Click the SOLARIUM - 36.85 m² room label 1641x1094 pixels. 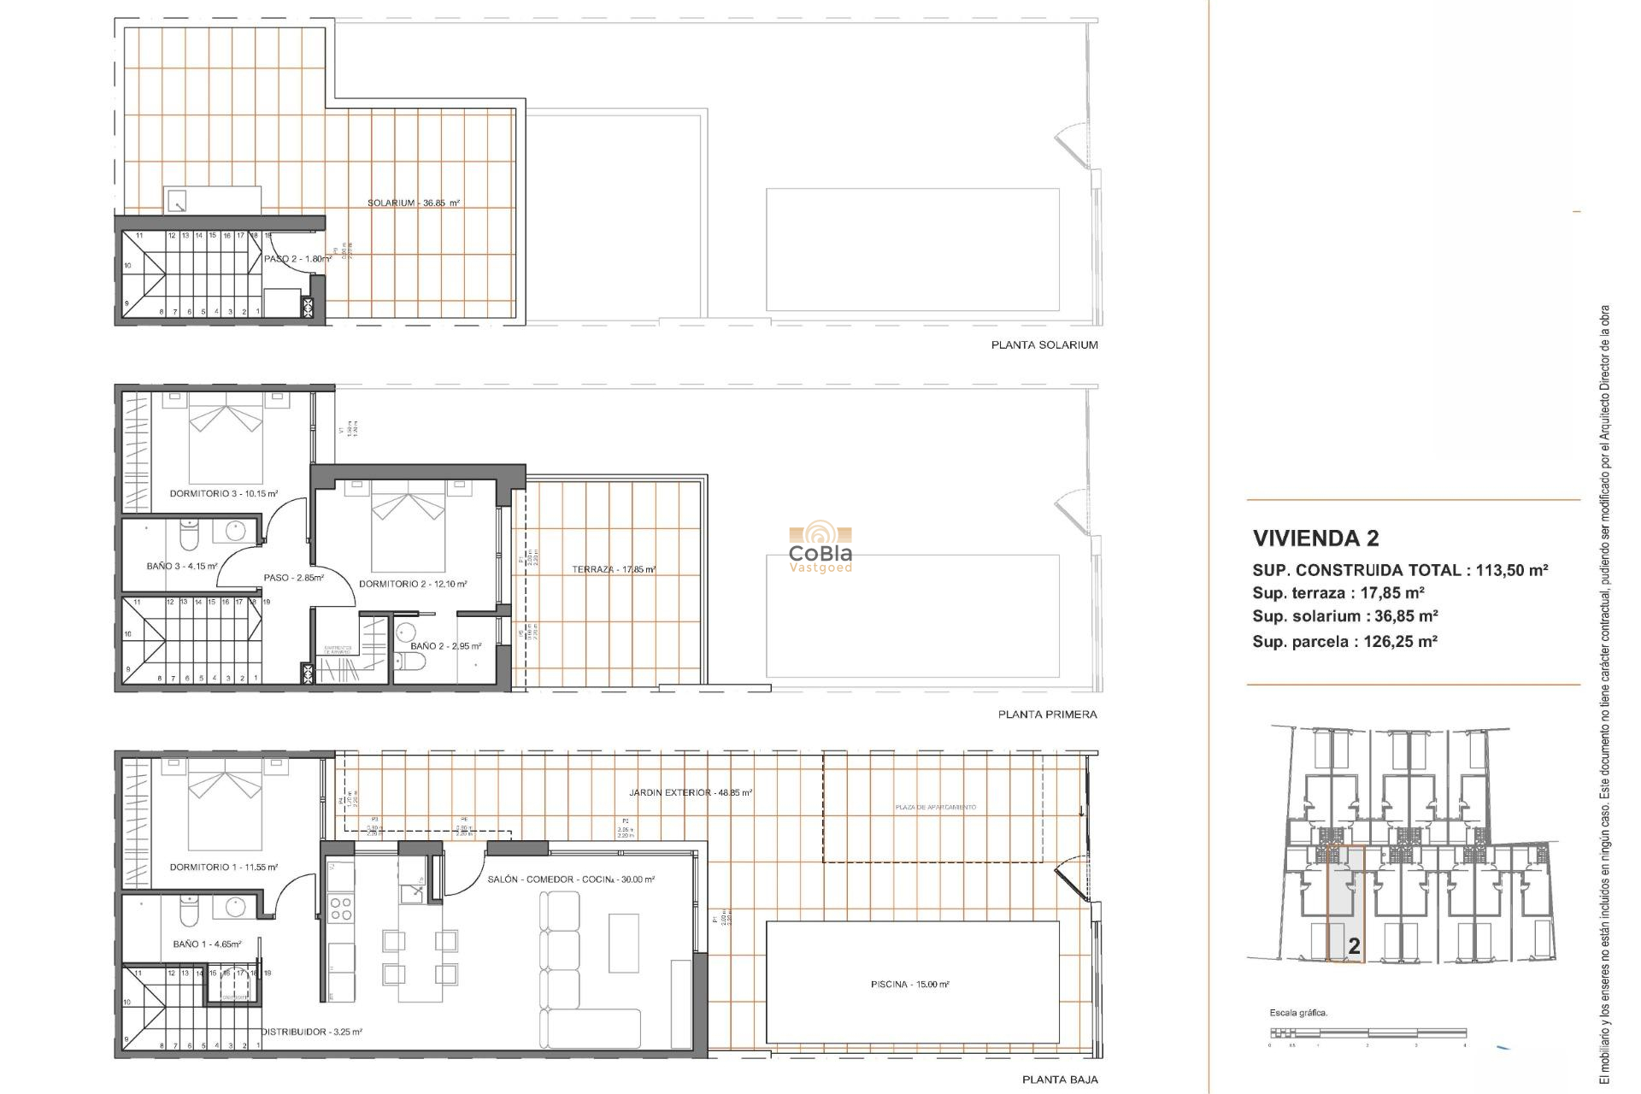tap(414, 203)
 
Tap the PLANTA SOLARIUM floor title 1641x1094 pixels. tap(1044, 345)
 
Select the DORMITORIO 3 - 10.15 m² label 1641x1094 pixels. tap(224, 494)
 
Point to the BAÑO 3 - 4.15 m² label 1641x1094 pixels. tap(182, 566)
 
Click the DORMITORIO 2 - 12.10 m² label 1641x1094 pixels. tap(413, 585)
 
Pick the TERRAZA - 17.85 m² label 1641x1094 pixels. tap(614, 569)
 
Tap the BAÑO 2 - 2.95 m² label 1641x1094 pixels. tap(445, 646)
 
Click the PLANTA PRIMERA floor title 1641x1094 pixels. tap(1047, 715)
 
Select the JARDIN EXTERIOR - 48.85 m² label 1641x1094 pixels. tap(691, 793)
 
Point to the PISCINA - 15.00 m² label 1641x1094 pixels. tap(909, 985)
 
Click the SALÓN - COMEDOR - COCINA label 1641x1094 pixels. tap(571, 879)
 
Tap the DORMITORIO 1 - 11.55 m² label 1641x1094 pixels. tap(224, 868)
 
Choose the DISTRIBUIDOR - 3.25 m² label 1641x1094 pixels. tap(311, 1032)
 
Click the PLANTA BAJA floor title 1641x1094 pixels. tap(1060, 1080)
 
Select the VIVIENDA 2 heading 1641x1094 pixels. tap(1315, 538)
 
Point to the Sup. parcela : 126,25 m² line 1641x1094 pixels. tap(1344, 642)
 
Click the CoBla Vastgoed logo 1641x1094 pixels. tap(820, 549)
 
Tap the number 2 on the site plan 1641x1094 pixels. tap(1354, 947)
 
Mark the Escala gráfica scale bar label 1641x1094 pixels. tap(1298, 1014)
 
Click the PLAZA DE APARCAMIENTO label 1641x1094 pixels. tap(935, 808)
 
